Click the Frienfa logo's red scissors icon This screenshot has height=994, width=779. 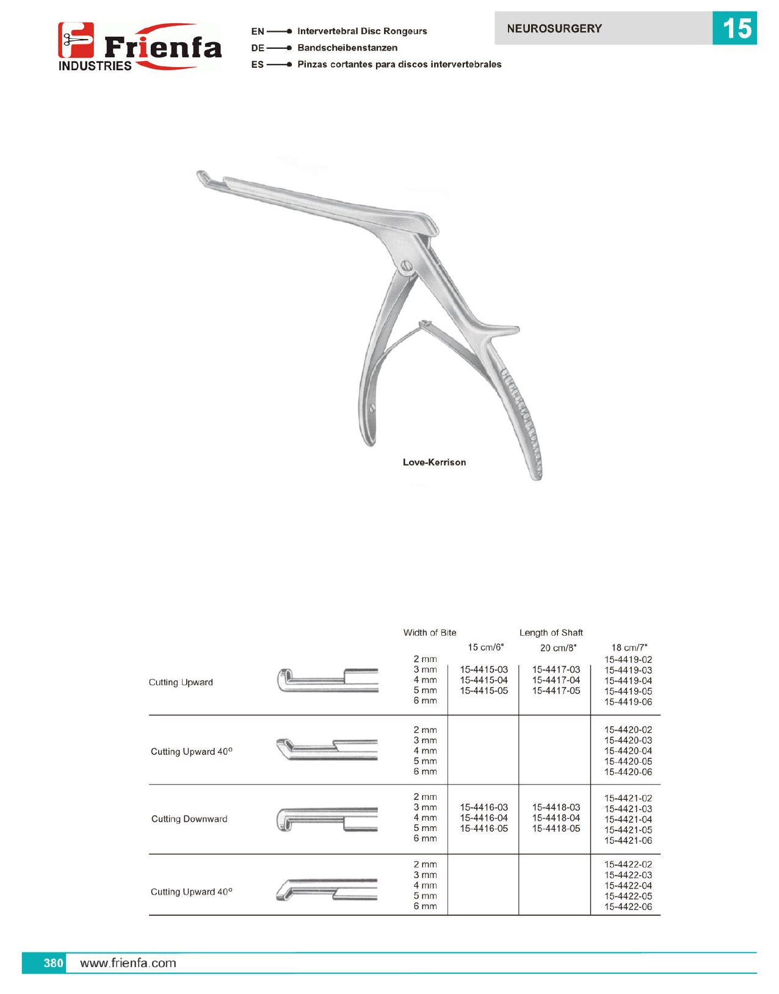(76, 40)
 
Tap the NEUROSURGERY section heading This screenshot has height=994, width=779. (554, 29)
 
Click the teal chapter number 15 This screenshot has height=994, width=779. (734, 29)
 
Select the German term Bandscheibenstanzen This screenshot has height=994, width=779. (347, 48)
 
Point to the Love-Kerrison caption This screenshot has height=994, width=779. (434, 463)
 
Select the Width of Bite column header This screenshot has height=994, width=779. (429, 633)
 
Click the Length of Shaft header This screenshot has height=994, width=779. (551, 633)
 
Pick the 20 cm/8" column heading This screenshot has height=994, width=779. (557, 648)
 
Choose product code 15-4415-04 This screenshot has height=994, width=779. (484, 680)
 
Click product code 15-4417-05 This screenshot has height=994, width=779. (556, 691)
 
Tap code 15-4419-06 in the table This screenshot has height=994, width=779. (628, 702)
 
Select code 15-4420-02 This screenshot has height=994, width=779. (628, 730)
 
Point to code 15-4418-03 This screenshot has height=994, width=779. (556, 807)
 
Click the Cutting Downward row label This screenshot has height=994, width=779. (189, 819)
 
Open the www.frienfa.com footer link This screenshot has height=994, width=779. (128, 963)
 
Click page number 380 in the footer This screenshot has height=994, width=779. (53, 963)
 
